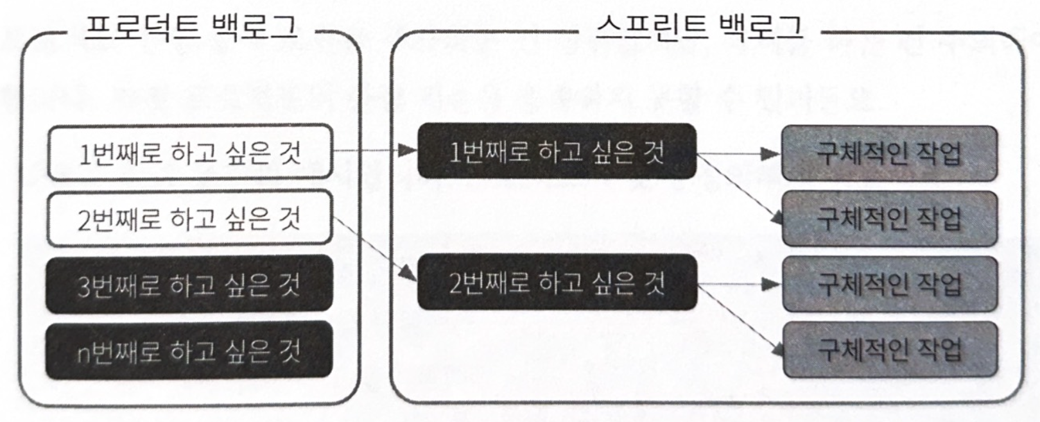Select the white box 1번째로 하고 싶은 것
[x=190, y=153]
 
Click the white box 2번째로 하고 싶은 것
[x=190, y=219]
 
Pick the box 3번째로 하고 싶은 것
[x=189, y=285]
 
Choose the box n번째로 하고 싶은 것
[x=189, y=351]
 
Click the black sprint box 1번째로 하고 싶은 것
[x=557, y=151]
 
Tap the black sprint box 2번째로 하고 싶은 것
[x=557, y=282]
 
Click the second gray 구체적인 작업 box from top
[x=889, y=219]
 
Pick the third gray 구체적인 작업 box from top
[x=889, y=284]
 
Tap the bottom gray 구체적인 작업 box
[x=889, y=350]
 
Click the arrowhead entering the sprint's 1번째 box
[x=408, y=151]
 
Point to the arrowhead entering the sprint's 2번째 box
[x=408, y=274]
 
